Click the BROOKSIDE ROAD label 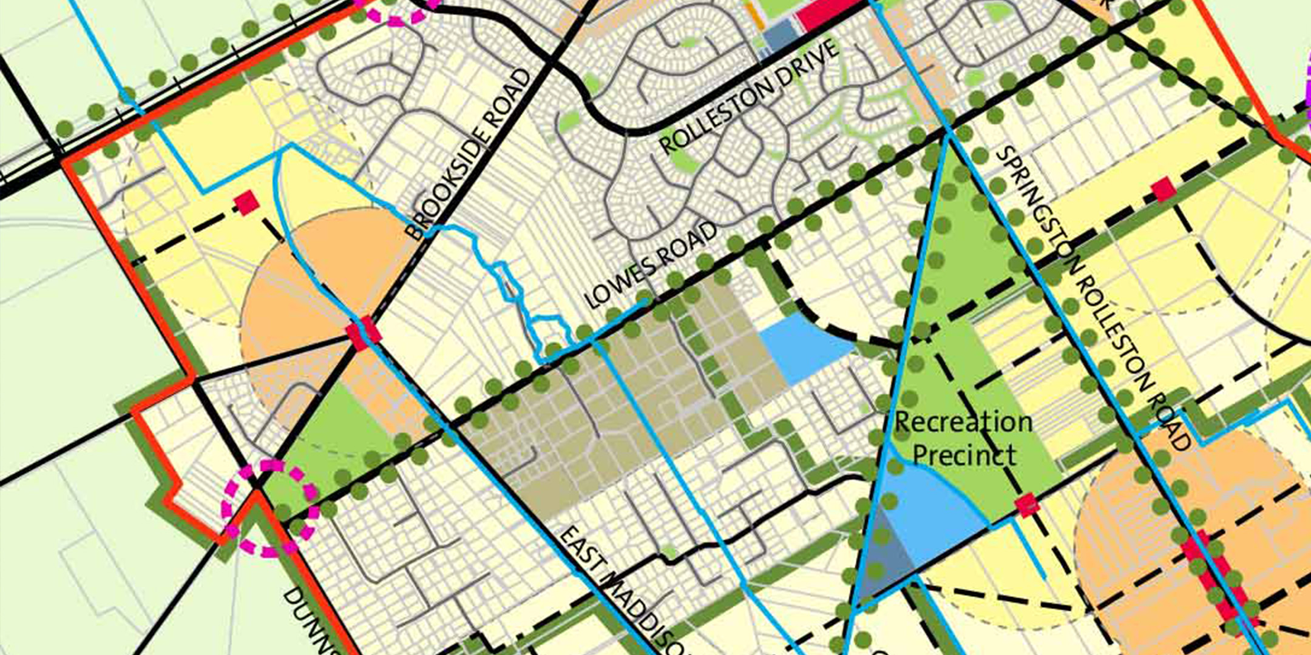point(467,155)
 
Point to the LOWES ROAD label point(649,265)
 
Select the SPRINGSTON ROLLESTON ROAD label point(1092,297)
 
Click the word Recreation point(963,422)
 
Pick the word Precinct point(964,455)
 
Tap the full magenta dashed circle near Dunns point(270,508)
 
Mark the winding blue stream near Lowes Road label point(516,291)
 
